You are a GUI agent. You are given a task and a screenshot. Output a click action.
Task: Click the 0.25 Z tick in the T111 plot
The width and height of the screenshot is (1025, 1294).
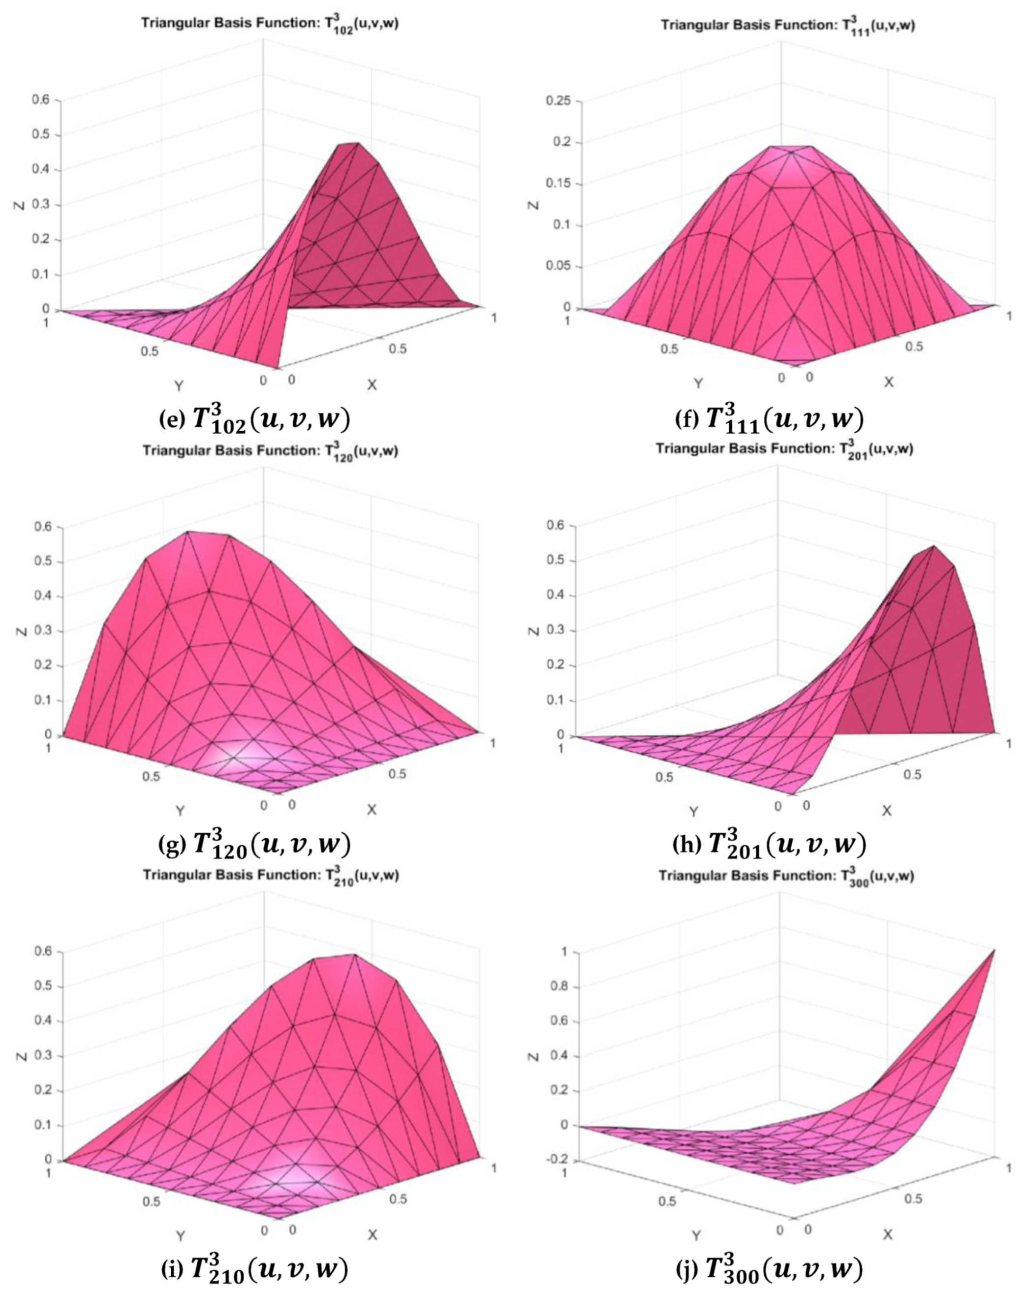tap(558, 101)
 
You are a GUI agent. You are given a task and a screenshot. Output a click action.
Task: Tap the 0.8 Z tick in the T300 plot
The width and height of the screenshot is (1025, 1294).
tap(562, 987)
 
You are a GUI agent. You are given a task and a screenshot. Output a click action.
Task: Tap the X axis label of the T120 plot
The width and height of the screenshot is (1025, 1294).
tap(372, 810)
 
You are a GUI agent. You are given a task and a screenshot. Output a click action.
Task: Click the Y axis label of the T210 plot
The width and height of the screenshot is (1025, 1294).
tap(180, 1236)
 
